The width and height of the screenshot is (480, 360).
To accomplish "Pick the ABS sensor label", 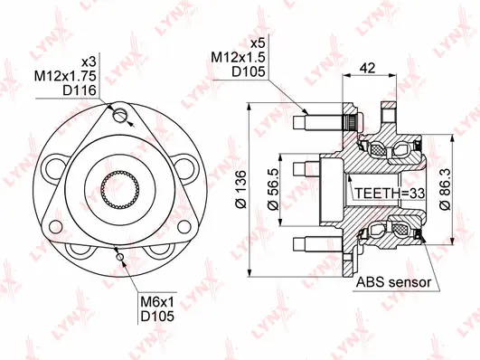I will point(393,282).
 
